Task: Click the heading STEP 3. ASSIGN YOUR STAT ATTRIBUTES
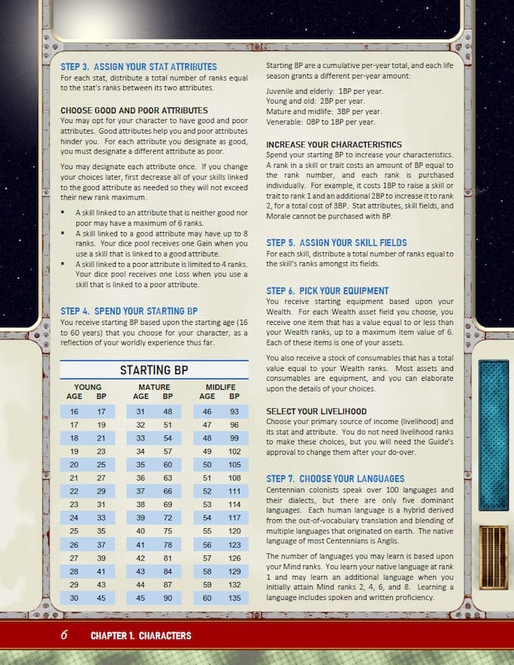pyautogui.click(x=138, y=66)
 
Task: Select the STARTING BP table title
pyautogui.click(x=154, y=370)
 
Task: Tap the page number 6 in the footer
pyautogui.click(x=64, y=636)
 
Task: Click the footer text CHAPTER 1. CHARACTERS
pyautogui.click(x=141, y=636)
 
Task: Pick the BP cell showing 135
pyautogui.click(x=234, y=598)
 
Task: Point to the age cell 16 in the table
pyautogui.click(x=74, y=412)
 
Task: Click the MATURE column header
pyautogui.click(x=154, y=387)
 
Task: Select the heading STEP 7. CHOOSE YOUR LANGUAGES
pyautogui.click(x=335, y=478)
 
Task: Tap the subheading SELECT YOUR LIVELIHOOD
pyautogui.click(x=316, y=411)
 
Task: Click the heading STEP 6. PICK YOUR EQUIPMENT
pyautogui.click(x=327, y=290)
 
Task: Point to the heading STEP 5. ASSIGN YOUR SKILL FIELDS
pyautogui.click(x=336, y=243)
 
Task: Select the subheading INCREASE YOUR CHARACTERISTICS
pyautogui.click(x=334, y=144)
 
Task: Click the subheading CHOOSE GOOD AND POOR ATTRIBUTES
pyautogui.click(x=135, y=110)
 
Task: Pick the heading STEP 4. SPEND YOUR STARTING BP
pyautogui.click(x=128, y=311)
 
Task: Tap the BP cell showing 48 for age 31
pyautogui.click(x=168, y=412)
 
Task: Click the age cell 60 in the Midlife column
pyautogui.click(x=207, y=598)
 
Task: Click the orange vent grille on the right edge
pyautogui.click(x=494, y=558)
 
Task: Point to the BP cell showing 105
pyautogui.click(x=234, y=465)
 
